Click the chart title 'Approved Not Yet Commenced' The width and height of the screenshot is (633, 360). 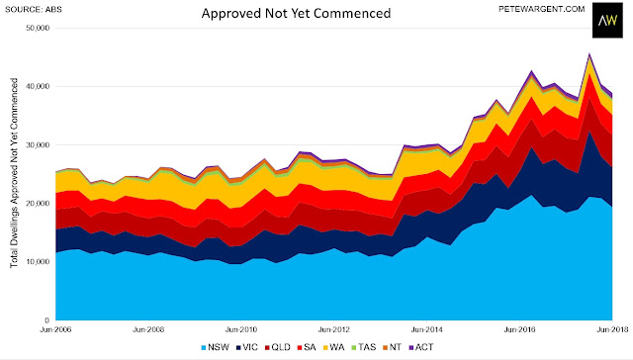(296, 13)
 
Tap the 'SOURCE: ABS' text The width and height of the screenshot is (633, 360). (34, 9)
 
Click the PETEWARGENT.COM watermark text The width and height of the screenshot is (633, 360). (542, 9)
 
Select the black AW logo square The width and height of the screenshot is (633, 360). (607, 20)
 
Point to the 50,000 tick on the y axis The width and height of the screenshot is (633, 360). (40, 28)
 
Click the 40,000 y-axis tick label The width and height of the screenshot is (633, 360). (40, 86)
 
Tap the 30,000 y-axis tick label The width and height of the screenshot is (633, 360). (40, 144)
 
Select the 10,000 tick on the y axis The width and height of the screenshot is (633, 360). (40, 261)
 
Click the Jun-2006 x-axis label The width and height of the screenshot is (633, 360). (55, 329)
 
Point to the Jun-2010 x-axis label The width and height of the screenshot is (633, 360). (241, 329)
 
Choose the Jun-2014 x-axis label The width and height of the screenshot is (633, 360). (426, 329)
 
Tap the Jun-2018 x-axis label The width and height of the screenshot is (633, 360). (612, 329)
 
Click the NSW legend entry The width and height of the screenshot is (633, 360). (216, 347)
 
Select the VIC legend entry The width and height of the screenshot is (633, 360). (247, 347)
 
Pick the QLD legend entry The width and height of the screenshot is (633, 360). (278, 347)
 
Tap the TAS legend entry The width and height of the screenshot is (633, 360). (364, 347)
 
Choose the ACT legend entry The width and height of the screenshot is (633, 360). (421, 347)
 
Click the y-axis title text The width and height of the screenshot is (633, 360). (14, 173)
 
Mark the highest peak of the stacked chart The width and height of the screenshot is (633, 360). (589, 52)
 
